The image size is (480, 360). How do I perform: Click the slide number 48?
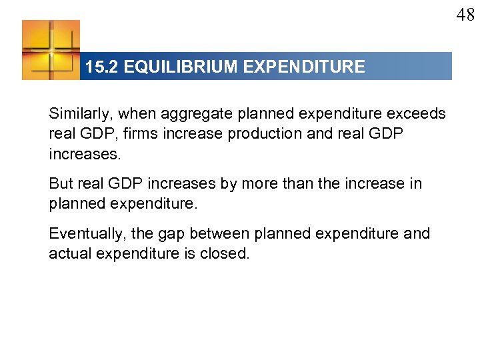pyautogui.click(x=465, y=15)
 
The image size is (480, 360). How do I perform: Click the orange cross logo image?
pyautogui.click(x=51, y=50)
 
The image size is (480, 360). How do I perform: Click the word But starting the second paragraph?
pyautogui.click(x=61, y=183)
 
